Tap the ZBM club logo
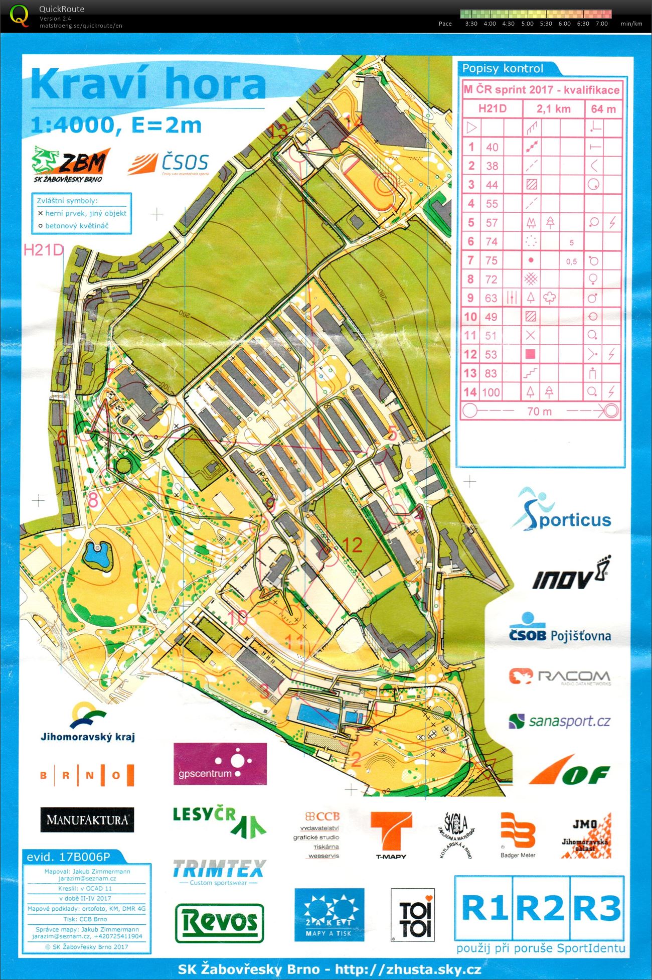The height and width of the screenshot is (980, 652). coord(70,163)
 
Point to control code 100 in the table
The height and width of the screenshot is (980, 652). coord(492,392)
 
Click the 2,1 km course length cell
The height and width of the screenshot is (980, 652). coord(553,109)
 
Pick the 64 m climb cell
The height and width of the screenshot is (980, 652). coord(603,109)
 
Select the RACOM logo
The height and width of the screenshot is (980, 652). coord(560,676)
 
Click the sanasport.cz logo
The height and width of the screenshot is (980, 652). coord(560,722)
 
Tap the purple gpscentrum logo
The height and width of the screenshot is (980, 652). coord(220,764)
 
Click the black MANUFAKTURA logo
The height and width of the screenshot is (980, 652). coord(87,819)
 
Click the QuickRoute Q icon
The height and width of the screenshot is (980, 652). coord(19,15)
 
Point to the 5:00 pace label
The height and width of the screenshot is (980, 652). coord(527,24)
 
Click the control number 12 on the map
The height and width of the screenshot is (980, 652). coord(353,545)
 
